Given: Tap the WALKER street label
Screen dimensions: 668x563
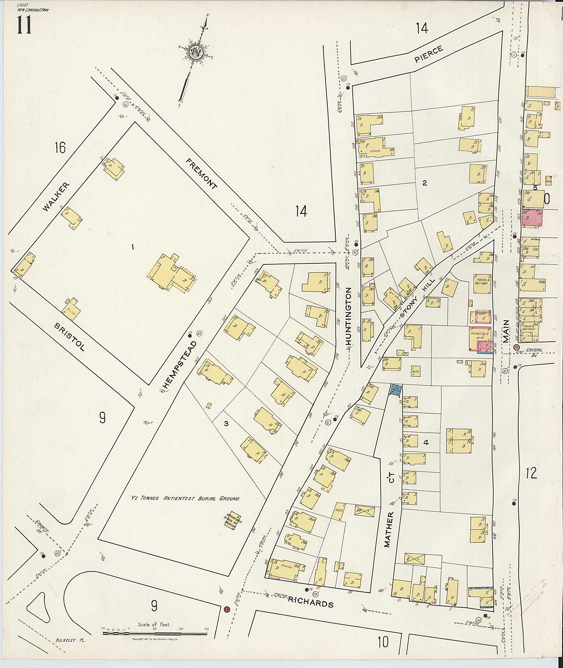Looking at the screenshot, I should [x=56, y=197].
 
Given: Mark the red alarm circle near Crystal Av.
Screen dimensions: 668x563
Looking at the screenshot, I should [x=516, y=347].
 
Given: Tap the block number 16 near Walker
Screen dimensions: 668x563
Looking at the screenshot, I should [x=60, y=148].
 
